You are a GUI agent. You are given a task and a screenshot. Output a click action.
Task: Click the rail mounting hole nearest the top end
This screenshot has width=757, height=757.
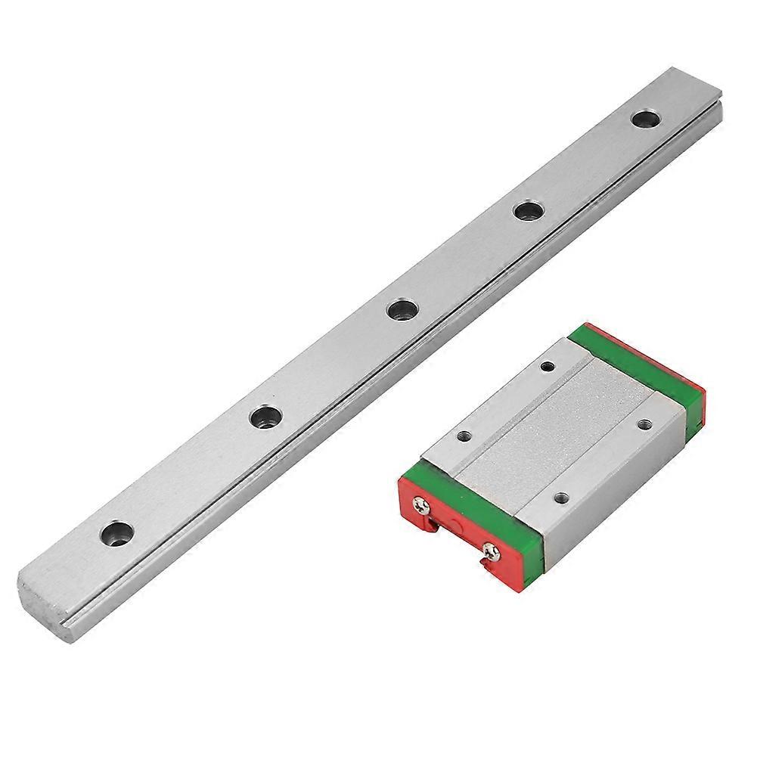[644, 120]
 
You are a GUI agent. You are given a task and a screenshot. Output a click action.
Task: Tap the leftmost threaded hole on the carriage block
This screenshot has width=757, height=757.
[464, 436]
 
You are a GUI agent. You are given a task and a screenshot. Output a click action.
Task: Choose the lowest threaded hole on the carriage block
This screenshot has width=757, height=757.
[560, 498]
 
